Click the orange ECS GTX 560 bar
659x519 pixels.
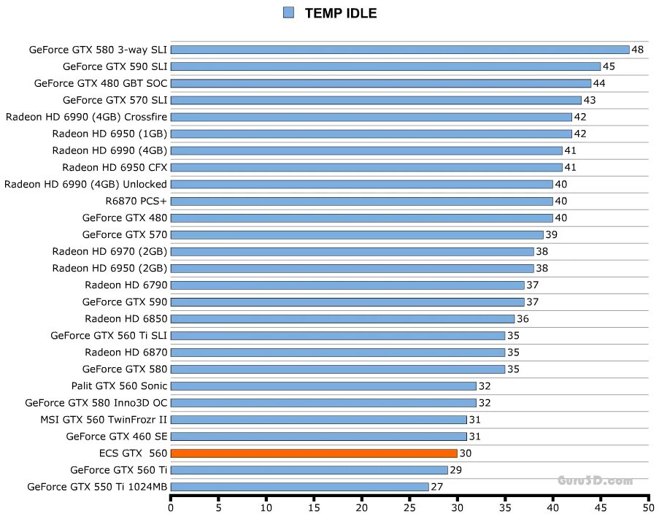(x=314, y=453)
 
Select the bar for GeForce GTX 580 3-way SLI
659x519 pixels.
(x=400, y=50)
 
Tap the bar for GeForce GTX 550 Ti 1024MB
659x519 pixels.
(x=299, y=487)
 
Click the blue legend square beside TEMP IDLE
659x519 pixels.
(x=288, y=12)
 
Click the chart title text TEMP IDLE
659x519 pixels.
(x=341, y=13)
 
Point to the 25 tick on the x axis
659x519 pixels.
(x=409, y=506)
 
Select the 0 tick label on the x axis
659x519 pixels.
(x=171, y=506)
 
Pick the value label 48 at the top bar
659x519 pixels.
(x=638, y=50)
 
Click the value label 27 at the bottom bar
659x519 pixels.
(x=437, y=487)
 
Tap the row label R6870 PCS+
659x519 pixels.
(x=136, y=201)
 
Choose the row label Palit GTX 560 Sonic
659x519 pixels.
(x=119, y=386)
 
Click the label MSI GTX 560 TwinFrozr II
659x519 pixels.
(x=104, y=420)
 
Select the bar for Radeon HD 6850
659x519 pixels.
(x=342, y=319)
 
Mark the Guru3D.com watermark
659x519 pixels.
(x=595, y=480)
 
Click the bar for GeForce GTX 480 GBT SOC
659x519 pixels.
(x=381, y=83)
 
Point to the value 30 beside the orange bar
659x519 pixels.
(x=466, y=453)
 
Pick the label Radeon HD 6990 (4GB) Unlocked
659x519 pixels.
(x=85, y=184)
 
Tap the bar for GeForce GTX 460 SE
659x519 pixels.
(x=318, y=437)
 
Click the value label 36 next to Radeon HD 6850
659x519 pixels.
(x=523, y=319)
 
